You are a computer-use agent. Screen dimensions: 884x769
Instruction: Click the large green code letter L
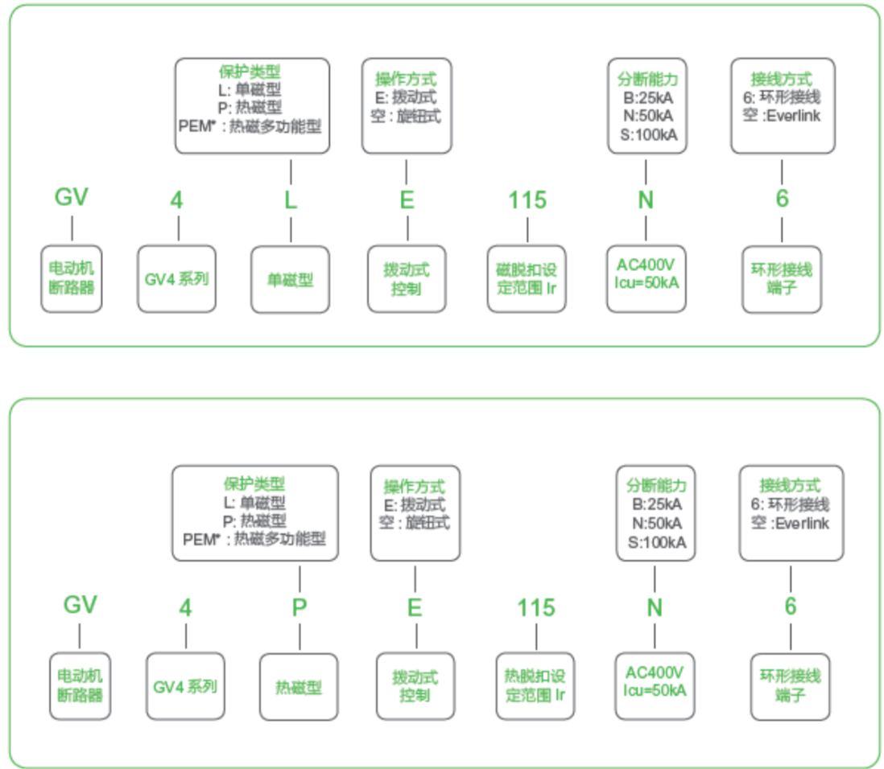(291, 200)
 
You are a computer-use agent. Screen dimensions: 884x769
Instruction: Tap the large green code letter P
(299, 607)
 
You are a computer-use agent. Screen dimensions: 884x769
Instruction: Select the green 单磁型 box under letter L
(291, 279)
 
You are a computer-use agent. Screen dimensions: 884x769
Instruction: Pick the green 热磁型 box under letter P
(299, 687)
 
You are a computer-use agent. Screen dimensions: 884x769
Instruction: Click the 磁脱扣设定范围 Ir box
(527, 279)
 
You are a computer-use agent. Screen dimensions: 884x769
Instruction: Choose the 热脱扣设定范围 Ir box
(535, 686)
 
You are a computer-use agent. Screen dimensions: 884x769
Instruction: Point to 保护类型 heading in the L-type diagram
(250, 72)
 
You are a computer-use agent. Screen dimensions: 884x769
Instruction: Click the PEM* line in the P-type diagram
(254, 539)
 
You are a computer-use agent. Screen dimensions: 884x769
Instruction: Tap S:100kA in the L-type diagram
(648, 134)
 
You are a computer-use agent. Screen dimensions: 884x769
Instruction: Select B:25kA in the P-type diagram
(657, 504)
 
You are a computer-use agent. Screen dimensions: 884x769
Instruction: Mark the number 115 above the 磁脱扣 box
(527, 200)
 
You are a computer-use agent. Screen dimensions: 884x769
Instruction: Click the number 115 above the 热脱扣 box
(536, 607)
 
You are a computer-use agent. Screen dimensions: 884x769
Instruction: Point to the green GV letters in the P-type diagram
(80, 604)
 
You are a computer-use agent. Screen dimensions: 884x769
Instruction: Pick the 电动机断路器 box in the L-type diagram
(72, 279)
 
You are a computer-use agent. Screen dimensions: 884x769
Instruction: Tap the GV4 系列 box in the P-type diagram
(185, 686)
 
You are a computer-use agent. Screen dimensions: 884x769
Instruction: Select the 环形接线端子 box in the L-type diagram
(782, 279)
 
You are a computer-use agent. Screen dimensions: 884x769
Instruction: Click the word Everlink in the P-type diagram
(802, 524)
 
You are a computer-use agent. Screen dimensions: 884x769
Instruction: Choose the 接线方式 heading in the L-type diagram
(782, 79)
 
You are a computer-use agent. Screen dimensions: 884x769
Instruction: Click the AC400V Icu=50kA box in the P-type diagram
(655, 686)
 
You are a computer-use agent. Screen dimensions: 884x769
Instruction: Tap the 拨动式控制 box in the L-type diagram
(407, 279)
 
